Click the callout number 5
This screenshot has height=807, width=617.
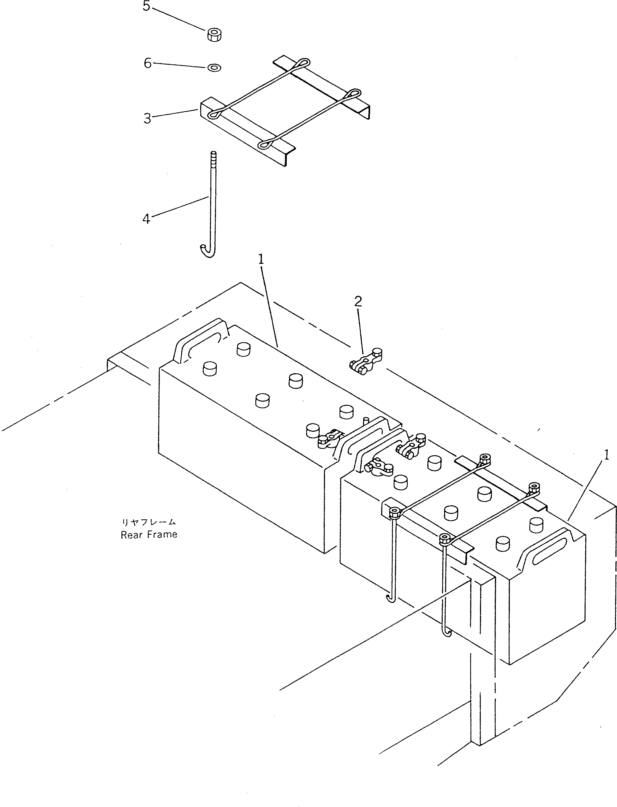[x=146, y=6]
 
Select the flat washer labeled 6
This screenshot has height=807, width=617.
[x=214, y=68]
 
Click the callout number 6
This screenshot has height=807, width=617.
[x=147, y=63]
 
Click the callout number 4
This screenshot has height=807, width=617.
[x=146, y=219]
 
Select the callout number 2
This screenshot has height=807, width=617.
[x=358, y=301]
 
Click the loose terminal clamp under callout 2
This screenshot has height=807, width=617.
[x=365, y=361]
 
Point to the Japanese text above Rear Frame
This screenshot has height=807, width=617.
[x=149, y=522]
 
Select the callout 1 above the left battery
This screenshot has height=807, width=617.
[x=261, y=260]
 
